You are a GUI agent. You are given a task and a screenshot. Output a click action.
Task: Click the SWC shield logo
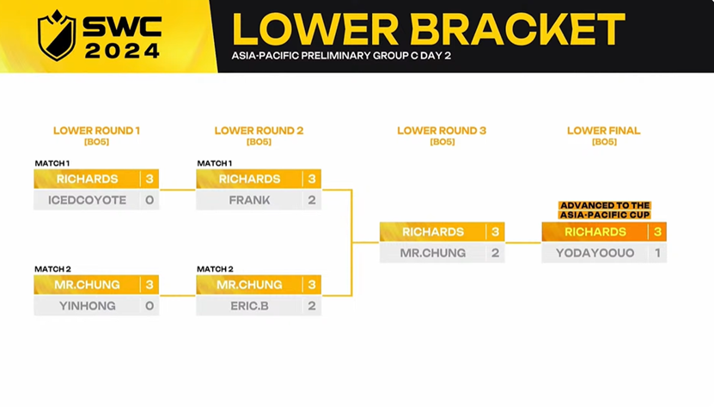(x=57, y=35)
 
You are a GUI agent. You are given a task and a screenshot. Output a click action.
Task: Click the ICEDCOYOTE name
(x=87, y=200)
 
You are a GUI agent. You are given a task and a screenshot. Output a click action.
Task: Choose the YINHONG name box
(x=87, y=306)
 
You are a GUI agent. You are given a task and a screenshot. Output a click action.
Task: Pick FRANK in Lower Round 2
(x=249, y=200)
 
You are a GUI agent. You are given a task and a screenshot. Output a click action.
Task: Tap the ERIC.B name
(x=249, y=306)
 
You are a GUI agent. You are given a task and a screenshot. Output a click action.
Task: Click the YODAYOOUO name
(x=595, y=253)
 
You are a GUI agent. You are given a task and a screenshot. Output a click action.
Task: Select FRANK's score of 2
(x=312, y=200)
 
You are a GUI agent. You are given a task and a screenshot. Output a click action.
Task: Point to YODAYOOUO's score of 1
(x=657, y=253)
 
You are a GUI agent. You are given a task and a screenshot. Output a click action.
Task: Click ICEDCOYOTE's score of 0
(x=150, y=200)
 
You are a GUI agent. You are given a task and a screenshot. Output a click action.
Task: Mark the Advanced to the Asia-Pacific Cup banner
(x=605, y=210)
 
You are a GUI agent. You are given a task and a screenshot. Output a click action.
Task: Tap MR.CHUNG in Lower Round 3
(x=432, y=253)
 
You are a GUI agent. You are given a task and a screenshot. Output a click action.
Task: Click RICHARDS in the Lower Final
(x=595, y=232)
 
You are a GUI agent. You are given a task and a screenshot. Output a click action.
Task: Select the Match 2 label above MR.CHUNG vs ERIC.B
(x=215, y=269)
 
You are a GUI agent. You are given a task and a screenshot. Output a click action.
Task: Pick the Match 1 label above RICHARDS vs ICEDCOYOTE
(x=52, y=163)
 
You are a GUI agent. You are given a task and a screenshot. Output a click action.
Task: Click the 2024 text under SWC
(x=123, y=51)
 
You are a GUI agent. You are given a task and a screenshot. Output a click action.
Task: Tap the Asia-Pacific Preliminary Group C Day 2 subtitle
(x=341, y=56)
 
